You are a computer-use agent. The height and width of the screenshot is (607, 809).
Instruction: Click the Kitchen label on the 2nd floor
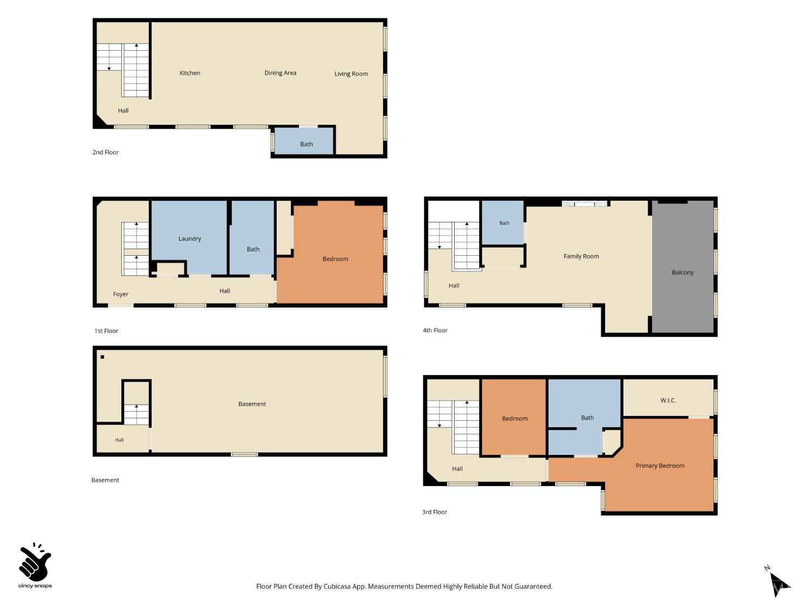pyautogui.click(x=190, y=73)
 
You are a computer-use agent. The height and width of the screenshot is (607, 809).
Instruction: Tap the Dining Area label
pyautogui.click(x=280, y=73)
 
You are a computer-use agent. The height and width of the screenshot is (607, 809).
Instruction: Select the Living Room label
pyautogui.click(x=351, y=74)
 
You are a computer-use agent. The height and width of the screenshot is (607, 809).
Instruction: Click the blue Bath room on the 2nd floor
pyautogui.click(x=304, y=140)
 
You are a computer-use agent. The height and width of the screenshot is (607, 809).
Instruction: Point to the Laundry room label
pyautogui.click(x=190, y=238)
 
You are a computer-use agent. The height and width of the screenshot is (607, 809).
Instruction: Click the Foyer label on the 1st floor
pyautogui.click(x=120, y=294)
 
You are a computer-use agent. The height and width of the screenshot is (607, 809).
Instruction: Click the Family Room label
pyautogui.click(x=581, y=256)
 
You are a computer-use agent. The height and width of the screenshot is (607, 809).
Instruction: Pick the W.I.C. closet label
pyautogui.click(x=668, y=400)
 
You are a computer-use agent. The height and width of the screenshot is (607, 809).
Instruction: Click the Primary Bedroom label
pyautogui.click(x=660, y=466)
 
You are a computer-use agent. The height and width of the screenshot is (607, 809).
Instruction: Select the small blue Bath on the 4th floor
pyautogui.click(x=503, y=223)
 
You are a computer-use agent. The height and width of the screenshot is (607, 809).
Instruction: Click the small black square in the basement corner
pyautogui.click(x=102, y=357)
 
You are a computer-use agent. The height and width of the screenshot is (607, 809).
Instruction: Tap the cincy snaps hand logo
pyautogui.click(x=35, y=565)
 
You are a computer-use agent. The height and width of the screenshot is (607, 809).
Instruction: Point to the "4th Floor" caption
pyautogui.click(x=435, y=330)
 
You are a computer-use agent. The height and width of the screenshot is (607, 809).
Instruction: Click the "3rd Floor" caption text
pyautogui.click(x=435, y=512)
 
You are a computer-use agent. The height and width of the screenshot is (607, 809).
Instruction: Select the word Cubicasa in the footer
pyautogui.click(x=337, y=586)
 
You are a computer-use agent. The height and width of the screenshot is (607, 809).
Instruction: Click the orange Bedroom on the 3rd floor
pyautogui.click(x=514, y=417)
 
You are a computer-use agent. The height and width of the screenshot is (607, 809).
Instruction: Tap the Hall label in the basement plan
pyautogui.click(x=119, y=440)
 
